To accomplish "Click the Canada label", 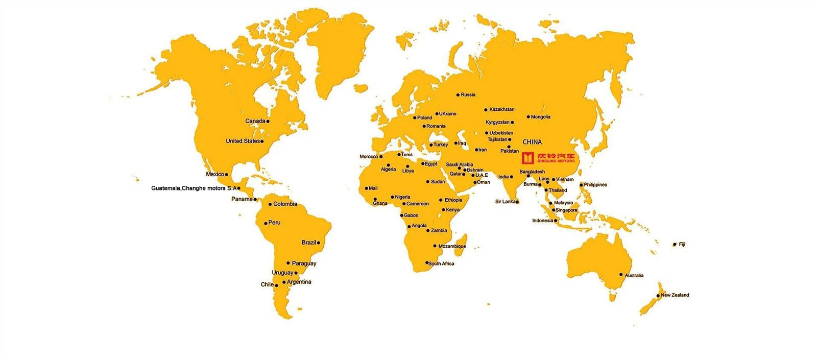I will [255, 121].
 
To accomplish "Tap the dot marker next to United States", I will [262, 141].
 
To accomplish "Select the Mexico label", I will [215, 174].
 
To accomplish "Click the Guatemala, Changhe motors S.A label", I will [194, 188].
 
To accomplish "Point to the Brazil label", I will [308, 243].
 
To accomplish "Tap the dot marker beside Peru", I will [266, 223].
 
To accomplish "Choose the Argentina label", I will [299, 282].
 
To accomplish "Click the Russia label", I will [468, 94].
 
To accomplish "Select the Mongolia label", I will [540, 117].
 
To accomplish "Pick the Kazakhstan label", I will [501, 109].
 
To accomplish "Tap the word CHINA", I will [532, 142].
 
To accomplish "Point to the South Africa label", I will [441, 263].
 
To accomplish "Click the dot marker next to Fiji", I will [675, 245].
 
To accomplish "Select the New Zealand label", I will [675, 295].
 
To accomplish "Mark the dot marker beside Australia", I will [621, 275].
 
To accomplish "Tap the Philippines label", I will [595, 185].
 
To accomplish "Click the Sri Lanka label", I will [505, 202].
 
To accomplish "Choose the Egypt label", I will [431, 164].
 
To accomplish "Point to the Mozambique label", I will [452, 246].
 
